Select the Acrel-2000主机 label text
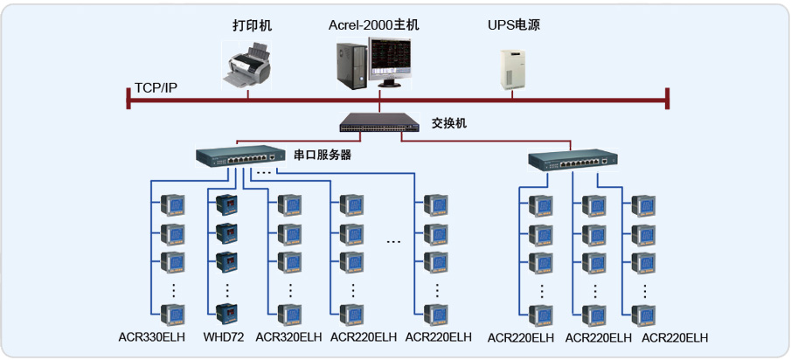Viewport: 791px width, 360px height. coord(374,25)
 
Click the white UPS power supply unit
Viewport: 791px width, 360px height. coord(514,68)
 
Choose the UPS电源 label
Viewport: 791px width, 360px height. coord(514,25)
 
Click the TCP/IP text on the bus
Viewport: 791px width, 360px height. coord(156,88)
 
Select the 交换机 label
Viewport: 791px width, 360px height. coord(449,123)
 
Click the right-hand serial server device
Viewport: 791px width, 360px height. coord(573,160)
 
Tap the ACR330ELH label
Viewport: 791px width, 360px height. coord(154,337)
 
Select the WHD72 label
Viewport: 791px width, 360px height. coord(224,337)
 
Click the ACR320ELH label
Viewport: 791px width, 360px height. coord(290,337)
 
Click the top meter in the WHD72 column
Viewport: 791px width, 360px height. coord(226,205)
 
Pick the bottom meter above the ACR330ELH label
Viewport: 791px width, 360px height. coord(172,314)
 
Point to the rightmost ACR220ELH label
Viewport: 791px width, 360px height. coord(675,338)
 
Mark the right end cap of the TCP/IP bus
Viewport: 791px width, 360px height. coord(668,98)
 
